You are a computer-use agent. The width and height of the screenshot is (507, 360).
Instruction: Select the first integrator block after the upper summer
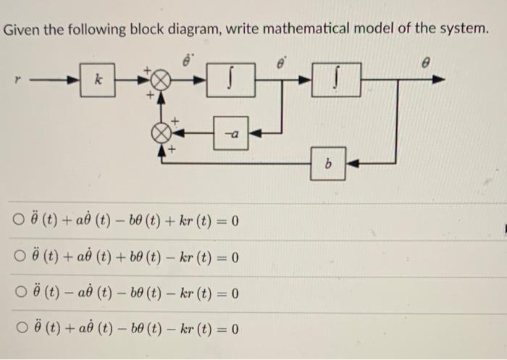tap(230, 79)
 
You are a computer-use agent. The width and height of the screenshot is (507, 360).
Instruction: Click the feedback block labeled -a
tap(231, 133)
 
